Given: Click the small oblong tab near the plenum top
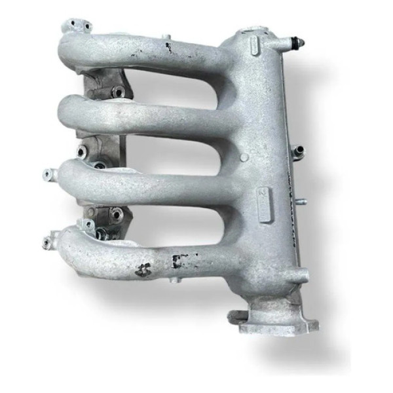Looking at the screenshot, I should click(x=255, y=44).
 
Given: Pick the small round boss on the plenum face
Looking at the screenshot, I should click(x=244, y=157).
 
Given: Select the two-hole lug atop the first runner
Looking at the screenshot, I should click(x=77, y=26).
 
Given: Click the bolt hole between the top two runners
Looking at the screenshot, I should click(x=118, y=92).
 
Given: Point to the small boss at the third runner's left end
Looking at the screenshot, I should click(x=48, y=174).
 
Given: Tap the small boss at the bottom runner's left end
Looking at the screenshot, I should click(x=47, y=242).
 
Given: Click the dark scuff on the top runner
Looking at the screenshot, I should click(x=168, y=47).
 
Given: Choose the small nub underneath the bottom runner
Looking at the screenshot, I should click(x=172, y=280).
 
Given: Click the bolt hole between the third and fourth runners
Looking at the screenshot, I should click(x=117, y=214).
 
